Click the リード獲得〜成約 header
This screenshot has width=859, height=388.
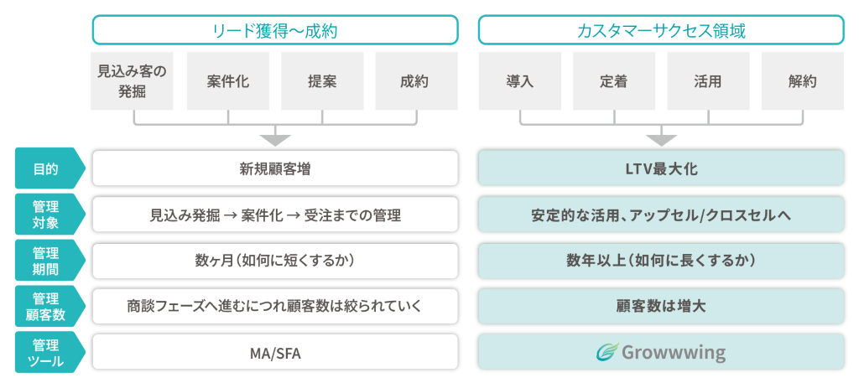[x=275, y=31]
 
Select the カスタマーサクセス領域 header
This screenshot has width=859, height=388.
[x=661, y=31]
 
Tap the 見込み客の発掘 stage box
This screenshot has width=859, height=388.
[x=133, y=81]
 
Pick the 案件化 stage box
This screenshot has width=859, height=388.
[x=227, y=81]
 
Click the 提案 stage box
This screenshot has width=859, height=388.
[x=322, y=81]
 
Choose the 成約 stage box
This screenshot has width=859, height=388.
[x=415, y=81]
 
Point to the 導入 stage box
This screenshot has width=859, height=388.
[x=519, y=81]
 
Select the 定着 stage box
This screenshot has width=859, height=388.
[x=614, y=81]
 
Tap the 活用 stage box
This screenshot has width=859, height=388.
[x=708, y=81]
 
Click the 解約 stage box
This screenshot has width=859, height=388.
[x=802, y=81]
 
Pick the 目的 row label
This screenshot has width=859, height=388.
[x=46, y=168]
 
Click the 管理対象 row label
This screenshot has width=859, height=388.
[x=46, y=215]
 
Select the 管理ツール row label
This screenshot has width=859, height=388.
[x=46, y=352]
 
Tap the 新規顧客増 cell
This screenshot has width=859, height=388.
[x=275, y=168]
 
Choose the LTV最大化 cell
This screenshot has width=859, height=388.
[x=661, y=168]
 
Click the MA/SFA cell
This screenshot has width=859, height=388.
[x=275, y=353]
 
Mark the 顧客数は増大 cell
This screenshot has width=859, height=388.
[x=661, y=307]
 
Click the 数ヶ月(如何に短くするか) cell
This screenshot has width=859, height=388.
[x=275, y=261]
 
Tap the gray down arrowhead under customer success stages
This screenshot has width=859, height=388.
[x=661, y=139]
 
